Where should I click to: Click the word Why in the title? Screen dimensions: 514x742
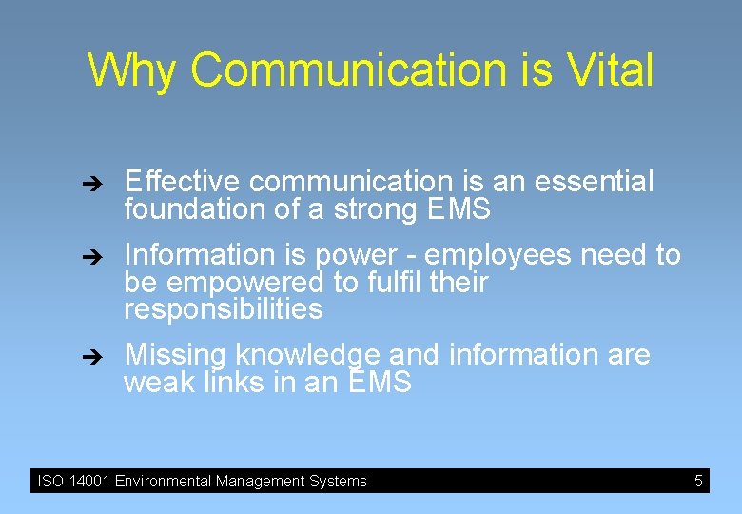point(133,70)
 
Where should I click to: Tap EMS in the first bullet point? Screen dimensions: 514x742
point(458,209)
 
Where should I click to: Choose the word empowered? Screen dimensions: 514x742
point(230,283)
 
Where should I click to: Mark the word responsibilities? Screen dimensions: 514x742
point(224,309)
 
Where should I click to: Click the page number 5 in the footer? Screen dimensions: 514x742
point(698,481)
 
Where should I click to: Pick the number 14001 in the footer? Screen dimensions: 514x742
point(88,481)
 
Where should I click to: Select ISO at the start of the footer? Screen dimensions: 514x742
point(49,481)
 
